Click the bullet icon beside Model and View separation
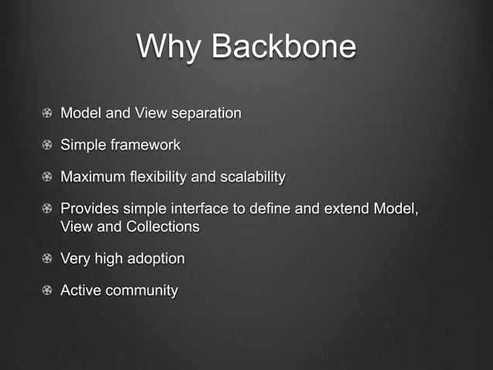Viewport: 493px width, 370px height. click(x=48, y=114)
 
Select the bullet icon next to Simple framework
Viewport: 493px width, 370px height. click(x=48, y=146)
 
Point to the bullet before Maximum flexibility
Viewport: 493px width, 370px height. click(x=48, y=178)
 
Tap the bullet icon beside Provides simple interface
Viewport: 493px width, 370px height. click(x=48, y=211)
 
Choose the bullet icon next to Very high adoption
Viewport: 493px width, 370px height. click(x=48, y=259)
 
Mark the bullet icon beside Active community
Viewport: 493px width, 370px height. click(x=48, y=292)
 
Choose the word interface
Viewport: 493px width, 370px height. click(x=196, y=211)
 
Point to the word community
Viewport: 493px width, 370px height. click(x=142, y=292)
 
